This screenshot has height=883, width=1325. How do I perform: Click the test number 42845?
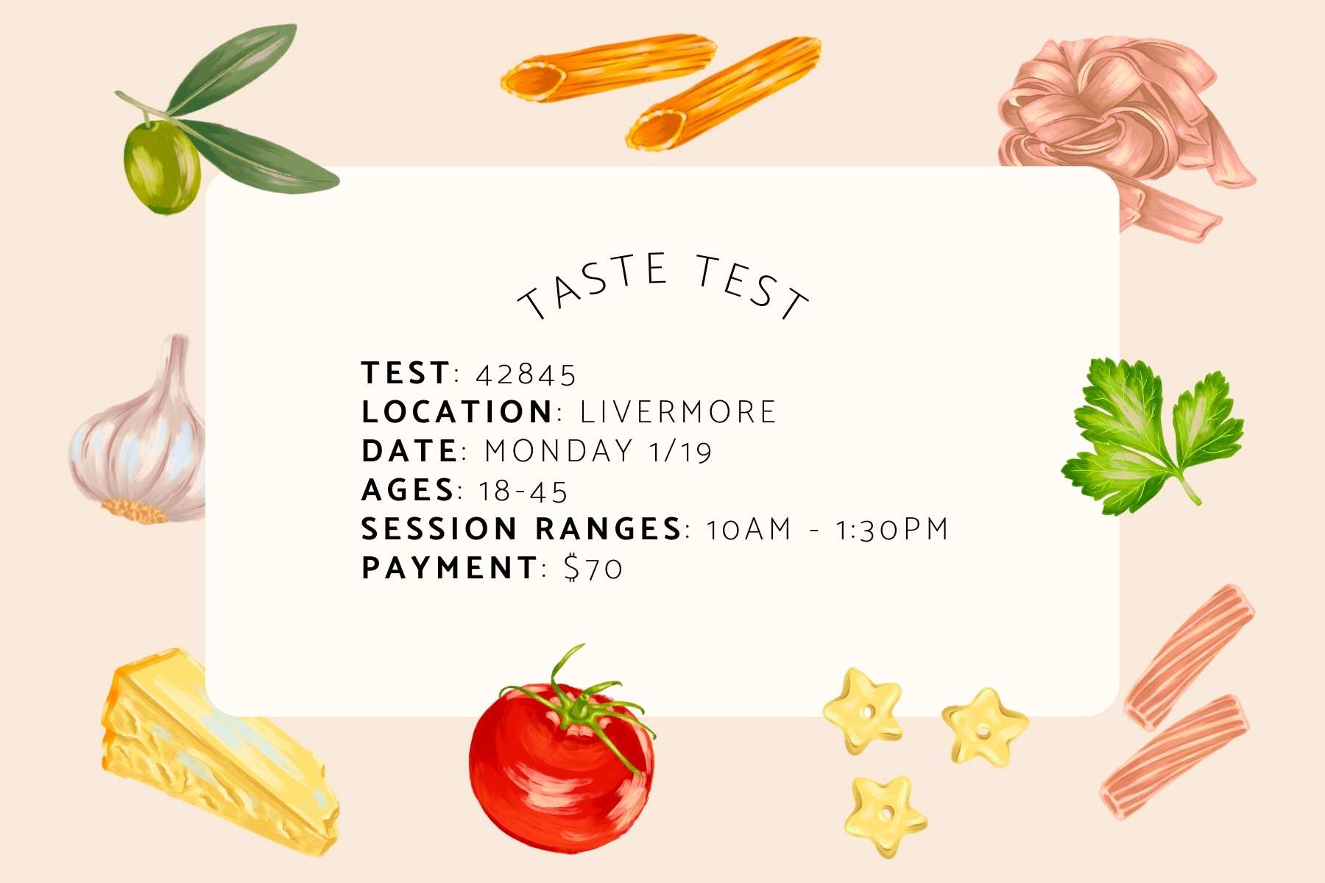(526, 375)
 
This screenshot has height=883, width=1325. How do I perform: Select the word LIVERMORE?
(678, 412)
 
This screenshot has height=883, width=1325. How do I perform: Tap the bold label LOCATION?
(456, 412)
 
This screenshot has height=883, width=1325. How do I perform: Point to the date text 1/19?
(681, 451)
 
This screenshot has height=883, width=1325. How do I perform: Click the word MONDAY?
(559, 451)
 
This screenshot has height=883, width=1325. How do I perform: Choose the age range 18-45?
(523, 492)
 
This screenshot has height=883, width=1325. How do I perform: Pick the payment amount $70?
(593, 568)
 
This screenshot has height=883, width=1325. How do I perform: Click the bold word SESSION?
(439, 529)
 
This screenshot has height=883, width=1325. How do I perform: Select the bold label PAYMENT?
(449, 568)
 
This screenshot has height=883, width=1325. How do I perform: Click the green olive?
(161, 167)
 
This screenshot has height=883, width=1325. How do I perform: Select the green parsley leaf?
(1152, 434)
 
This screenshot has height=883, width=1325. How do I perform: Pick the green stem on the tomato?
(578, 699)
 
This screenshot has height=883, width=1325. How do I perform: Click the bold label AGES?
(408, 490)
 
